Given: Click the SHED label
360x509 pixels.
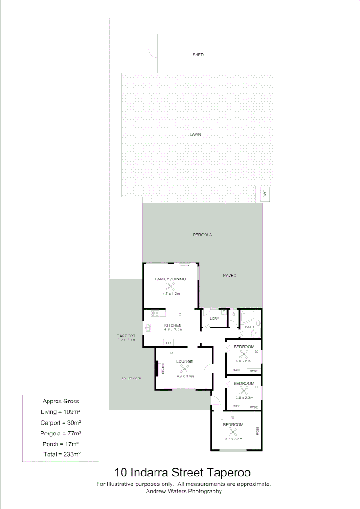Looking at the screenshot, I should tap(198, 55).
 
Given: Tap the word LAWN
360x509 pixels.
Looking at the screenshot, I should tap(195, 134).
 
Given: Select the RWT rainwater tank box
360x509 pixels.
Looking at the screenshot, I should tap(265, 194).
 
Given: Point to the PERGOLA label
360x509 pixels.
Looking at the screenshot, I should tap(202, 234).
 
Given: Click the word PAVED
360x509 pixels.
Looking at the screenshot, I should tap(229, 275).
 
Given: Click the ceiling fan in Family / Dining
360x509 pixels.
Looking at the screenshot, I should tap(170, 286).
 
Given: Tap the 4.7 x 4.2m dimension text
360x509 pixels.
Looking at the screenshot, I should tap(171, 294).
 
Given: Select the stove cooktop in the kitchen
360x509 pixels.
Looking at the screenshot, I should tap(155, 313).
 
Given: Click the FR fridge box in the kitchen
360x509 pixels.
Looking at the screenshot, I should tap(168, 343).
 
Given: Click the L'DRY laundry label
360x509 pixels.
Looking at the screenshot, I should tap(214, 319).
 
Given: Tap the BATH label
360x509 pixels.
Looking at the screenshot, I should tap(249, 327).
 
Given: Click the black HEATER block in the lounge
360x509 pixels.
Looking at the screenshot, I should tap(156, 368).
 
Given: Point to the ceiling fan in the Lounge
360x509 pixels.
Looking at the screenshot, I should tap(184, 369).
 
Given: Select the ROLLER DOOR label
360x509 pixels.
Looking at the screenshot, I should tap(131, 378).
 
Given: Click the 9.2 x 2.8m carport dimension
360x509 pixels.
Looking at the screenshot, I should tap(126, 340).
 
